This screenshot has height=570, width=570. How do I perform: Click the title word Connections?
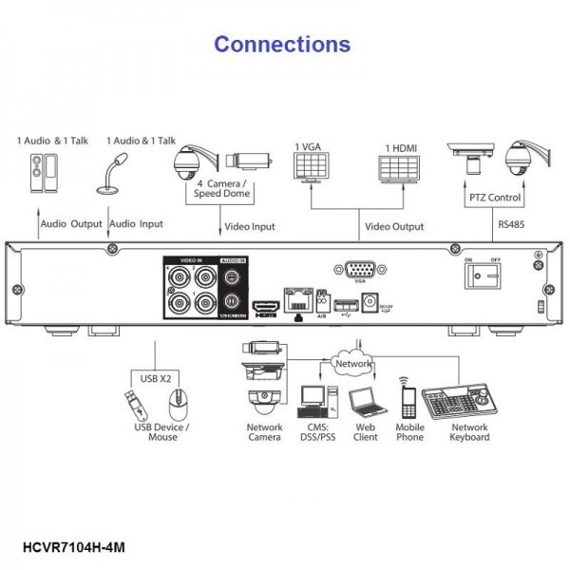(x=282, y=44)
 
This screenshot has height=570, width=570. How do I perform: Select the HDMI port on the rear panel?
(x=262, y=309)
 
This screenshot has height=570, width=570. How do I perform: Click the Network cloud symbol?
(x=353, y=362)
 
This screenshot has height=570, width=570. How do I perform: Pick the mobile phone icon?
(x=408, y=403)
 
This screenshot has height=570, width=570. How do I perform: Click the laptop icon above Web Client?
(x=364, y=404)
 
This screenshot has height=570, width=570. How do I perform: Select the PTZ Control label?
(x=495, y=199)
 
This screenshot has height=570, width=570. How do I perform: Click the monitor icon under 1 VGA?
(x=313, y=171)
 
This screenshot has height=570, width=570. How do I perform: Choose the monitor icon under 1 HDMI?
(x=400, y=171)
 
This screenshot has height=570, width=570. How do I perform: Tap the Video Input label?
(x=249, y=228)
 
